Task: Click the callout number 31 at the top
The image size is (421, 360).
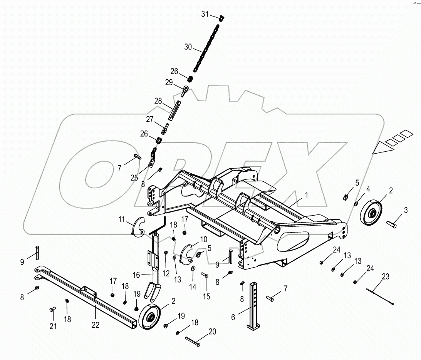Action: [x=205, y=14]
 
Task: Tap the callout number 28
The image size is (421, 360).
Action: [x=158, y=101]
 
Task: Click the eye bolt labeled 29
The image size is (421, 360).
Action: [x=185, y=91]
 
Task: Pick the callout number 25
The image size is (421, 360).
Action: [x=134, y=177]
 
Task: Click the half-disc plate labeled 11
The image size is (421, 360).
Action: [x=136, y=227]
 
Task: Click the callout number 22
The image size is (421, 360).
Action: [x=95, y=325]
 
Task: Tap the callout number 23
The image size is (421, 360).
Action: [x=385, y=276]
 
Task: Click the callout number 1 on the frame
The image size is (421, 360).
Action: [x=307, y=195]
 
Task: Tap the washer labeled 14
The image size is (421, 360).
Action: [x=193, y=268]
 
